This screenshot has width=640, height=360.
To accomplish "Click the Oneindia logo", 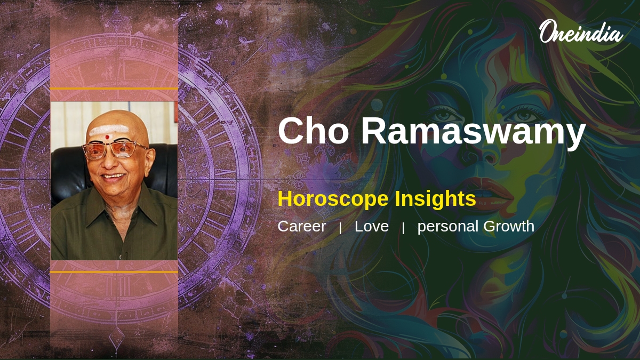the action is click(581, 31).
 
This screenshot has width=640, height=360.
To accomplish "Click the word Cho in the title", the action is click(314, 131).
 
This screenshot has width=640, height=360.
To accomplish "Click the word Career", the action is click(302, 226).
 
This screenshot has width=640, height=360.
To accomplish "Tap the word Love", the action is click(371, 226).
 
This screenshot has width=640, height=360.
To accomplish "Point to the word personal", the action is click(448, 227).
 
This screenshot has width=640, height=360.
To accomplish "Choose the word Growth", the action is click(509, 226).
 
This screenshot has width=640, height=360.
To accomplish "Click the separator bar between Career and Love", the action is click(340, 228).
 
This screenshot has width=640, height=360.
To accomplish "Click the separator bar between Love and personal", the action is click(403, 228).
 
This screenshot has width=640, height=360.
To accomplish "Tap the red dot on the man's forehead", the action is click(107, 137).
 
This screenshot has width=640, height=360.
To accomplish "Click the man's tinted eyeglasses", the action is click(114, 150).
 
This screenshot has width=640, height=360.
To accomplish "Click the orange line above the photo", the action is click(114, 89).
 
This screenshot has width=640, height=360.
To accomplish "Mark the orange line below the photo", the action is click(114, 271).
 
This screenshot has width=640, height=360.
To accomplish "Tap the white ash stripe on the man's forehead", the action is click(109, 130).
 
